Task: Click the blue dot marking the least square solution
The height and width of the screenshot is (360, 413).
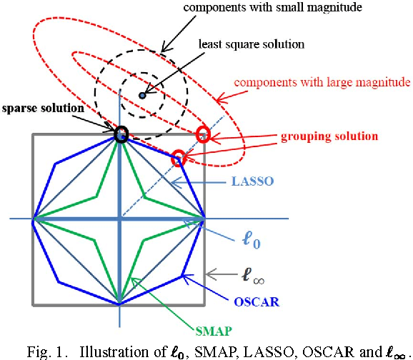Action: click(142, 95)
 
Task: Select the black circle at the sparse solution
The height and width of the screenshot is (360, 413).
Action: click(120, 133)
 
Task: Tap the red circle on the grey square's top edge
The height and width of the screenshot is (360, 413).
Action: click(204, 133)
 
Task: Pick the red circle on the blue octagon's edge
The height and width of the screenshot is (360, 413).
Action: click(179, 158)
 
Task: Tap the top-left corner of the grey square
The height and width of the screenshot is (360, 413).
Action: click(33, 134)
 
